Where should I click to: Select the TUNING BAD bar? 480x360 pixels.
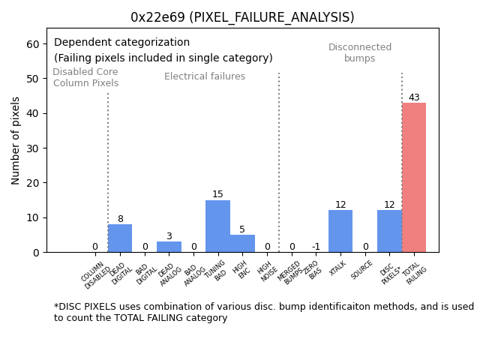[217, 226]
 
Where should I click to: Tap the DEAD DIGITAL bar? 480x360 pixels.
[120, 238]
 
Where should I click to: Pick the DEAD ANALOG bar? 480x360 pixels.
[169, 247]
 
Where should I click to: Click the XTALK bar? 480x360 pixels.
[340, 231]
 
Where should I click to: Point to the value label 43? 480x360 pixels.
[414, 97]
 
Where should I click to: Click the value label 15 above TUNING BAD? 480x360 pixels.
[217, 194]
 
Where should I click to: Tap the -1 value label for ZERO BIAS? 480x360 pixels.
[316, 247]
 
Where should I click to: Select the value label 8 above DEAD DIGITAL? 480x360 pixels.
[120, 219]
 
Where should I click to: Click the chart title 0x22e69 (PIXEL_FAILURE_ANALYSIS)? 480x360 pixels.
[242, 17]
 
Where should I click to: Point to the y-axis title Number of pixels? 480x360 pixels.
[16, 140]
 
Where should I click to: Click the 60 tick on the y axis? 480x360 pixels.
[33, 44]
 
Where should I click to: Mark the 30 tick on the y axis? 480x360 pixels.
[33, 148]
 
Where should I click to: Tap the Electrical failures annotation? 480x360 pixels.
[205, 76]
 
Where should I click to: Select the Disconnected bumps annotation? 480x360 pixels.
[360, 52]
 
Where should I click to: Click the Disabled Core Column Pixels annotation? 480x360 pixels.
[85, 77]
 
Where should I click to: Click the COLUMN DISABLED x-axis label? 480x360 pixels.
[95, 274]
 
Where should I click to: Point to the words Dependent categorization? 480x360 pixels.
[121, 43]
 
